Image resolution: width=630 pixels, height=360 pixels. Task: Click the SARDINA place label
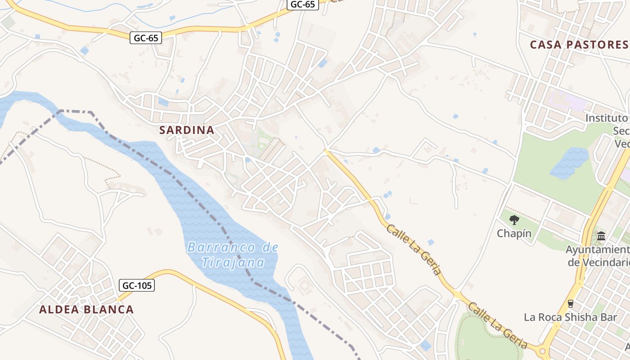187,130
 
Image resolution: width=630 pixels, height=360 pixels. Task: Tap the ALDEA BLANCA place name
86,310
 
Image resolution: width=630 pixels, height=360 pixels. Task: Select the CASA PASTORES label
579,45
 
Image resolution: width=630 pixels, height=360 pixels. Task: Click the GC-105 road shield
137,285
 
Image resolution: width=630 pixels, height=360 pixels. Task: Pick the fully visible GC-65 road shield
146,38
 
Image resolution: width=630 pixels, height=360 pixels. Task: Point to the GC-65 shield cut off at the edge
302,4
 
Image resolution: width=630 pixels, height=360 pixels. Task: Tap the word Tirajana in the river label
233,262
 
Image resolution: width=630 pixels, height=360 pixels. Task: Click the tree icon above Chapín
514,220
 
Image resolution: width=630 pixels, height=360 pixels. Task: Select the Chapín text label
514,234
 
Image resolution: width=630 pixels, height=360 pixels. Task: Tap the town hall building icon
601,236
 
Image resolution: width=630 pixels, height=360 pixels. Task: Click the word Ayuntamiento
598,250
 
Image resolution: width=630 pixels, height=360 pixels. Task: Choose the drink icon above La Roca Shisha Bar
571,303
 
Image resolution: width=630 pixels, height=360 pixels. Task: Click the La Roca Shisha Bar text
570,317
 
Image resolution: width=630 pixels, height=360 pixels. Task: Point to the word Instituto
607,118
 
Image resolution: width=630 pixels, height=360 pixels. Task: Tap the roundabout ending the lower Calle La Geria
543,351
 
